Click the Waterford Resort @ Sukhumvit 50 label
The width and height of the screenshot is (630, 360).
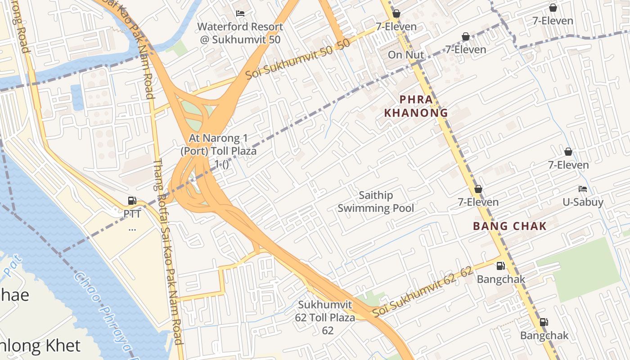[x=240, y=33]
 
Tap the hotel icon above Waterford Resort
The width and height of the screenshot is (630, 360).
[x=240, y=13]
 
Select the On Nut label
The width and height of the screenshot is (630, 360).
[x=406, y=55]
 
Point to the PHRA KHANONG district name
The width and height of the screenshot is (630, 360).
[x=416, y=106]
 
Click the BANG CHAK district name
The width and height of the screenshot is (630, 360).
[x=509, y=226]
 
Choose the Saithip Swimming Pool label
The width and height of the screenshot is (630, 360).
[x=376, y=202]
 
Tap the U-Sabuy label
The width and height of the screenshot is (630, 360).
[x=583, y=202]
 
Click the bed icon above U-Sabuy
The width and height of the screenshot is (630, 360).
[x=583, y=189]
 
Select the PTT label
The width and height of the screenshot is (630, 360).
[x=132, y=214]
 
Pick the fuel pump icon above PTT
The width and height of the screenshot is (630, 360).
[x=132, y=201]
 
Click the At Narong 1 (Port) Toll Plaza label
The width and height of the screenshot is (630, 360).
[x=219, y=144]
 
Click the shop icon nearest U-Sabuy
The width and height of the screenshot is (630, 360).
[x=568, y=152]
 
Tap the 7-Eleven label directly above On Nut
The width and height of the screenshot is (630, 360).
[x=396, y=27]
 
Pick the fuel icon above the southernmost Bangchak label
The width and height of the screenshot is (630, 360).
[x=544, y=322]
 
